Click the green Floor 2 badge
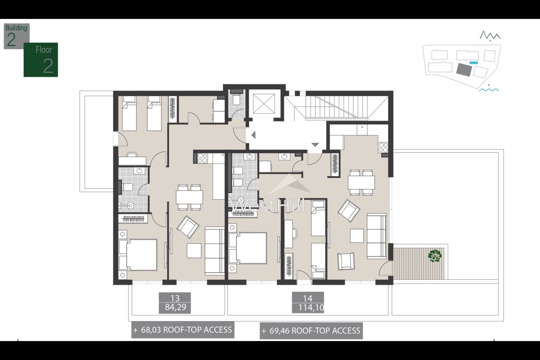click(41, 60)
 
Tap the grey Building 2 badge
click(17, 36)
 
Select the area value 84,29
click(175, 308)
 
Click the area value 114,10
click(308, 308)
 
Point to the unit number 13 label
click(175, 298)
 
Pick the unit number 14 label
click(308, 298)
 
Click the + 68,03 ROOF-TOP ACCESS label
click(183, 330)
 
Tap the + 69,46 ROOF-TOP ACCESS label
click(311, 331)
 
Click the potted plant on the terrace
click(435, 256)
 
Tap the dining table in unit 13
click(189, 197)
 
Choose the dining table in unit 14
click(361, 182)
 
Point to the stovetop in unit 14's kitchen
click(383, 147)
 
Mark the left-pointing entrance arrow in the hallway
click(253, 134)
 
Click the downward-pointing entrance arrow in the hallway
click(315, 145)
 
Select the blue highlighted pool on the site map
click(473, 63)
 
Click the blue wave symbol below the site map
click(489, 90)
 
